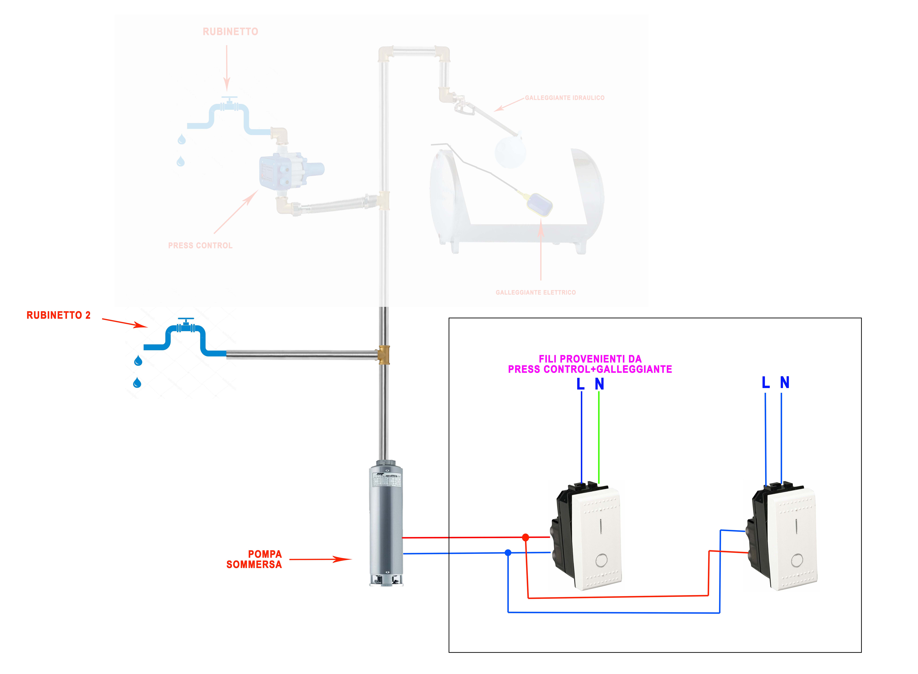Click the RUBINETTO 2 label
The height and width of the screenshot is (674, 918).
tap(58, 315)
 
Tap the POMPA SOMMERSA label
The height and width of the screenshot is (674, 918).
tap(254, 559)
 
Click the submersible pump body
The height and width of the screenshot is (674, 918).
tap(386, 526)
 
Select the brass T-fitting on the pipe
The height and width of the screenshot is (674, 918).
tap(384, 355)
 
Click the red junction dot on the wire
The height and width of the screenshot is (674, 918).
tap(525, 538)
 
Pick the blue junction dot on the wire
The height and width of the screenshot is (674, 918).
tap(508, 553)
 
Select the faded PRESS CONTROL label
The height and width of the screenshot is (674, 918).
tap(200, 246)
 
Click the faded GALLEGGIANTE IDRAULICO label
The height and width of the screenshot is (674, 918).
tap(565, 98)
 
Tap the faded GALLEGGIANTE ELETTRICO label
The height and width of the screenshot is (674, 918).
tap(536, 293)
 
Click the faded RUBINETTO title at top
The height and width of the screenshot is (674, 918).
tap(230, 32)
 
